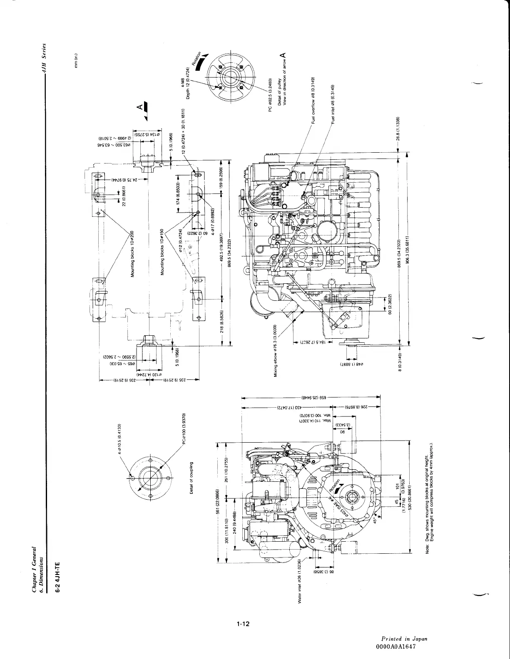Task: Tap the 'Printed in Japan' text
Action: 404,639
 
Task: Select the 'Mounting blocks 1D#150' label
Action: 164,252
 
